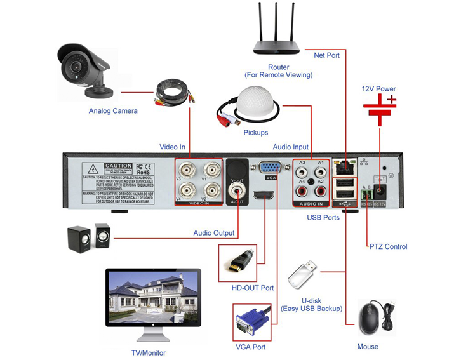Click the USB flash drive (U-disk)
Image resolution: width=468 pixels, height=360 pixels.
click(302, 274)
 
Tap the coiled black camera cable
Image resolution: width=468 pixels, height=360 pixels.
click(173, 91)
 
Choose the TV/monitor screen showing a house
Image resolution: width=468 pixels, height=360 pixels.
click(153, 297)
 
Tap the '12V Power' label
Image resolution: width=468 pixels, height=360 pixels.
click(378, 89)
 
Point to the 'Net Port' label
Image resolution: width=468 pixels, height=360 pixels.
click(326, 55)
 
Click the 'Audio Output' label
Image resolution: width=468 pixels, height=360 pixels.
click(214, 233)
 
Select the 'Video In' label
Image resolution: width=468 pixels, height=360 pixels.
click(172, 147)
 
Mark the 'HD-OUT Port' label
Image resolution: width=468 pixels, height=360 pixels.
click(253, 288)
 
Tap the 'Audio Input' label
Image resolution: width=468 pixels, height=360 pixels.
click(291, 147)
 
